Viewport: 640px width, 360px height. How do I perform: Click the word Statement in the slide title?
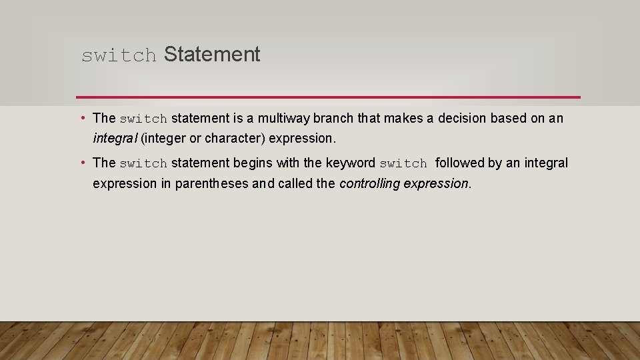pos(211,55)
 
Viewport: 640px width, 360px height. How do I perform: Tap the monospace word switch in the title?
pos(119,56)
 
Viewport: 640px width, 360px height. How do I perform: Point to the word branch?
pos(333,119)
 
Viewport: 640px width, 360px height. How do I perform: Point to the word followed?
pos(459,163)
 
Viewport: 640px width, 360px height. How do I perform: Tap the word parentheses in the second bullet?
pos(212,183)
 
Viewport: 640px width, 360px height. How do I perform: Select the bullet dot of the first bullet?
pos(82,119)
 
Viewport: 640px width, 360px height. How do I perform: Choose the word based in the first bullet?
pos(509,119)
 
